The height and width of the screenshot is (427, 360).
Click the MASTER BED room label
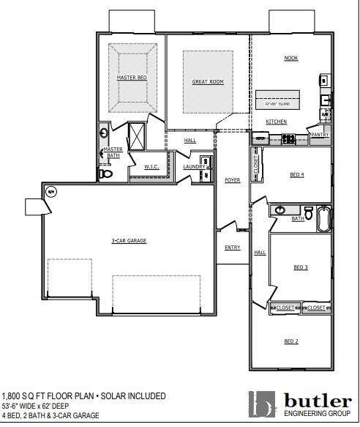tap(132, 77)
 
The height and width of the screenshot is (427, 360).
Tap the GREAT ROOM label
tap(207, 82)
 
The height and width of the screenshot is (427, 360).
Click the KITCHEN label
tap(276, 122)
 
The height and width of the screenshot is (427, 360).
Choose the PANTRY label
tap(320, 135)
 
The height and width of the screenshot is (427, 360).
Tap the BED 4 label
tap(296, 174)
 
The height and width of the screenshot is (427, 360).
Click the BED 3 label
tap(300, 267)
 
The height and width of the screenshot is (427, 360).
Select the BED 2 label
tap(290, 341)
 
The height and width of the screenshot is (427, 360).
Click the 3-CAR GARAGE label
tap(129, 240)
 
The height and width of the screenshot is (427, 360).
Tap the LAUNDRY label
tap(194, 167)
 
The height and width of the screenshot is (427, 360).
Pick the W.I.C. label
tap(151, 167)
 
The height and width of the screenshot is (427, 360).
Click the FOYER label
tap(232, 180)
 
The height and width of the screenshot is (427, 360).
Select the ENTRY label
tap(232, 248)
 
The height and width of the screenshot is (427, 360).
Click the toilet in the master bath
tap(105, 174)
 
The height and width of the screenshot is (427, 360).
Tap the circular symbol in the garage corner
tap(51, 192)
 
